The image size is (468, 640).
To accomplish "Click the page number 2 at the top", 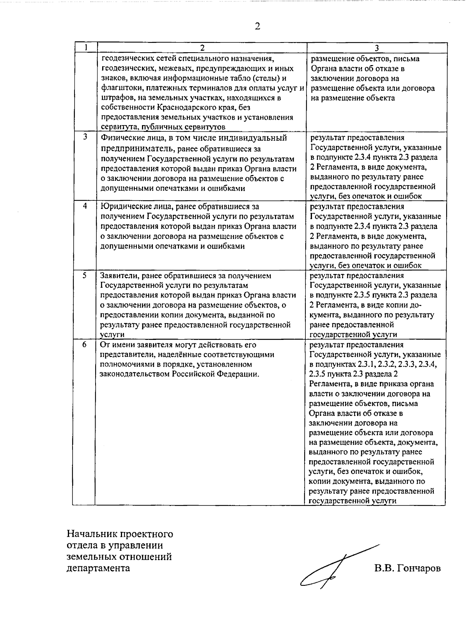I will click(x=257, y=27).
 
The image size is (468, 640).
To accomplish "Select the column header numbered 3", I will click(x=376, y=48).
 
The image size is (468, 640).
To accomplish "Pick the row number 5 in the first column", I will click(x=85, y=275).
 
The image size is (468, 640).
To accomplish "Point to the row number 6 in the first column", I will click(x=85, y=345).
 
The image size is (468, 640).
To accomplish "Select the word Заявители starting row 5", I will click(x=118, y=276).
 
